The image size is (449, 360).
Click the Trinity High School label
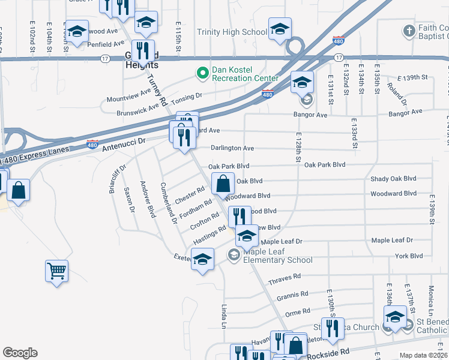(232, 32)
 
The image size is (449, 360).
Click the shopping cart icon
(56, 271)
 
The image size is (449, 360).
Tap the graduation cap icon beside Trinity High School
(280, 29)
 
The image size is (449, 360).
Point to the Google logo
(20, 353)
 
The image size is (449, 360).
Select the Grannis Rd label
(292, 296)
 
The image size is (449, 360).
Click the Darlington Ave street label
(232, 148)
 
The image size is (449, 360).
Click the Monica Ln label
(431, 296)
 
